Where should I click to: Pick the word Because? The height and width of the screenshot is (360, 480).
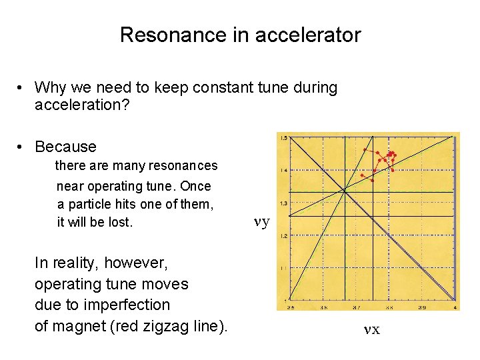[65, 147]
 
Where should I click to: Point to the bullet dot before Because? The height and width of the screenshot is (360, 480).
[22, 147]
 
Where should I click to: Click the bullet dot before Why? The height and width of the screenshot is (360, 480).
[22, 87]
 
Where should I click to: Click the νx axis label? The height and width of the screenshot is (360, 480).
[371, 329]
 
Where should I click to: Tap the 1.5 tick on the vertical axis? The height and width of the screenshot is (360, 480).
[283, 138]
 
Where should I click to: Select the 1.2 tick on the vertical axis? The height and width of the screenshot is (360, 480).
[283, 236]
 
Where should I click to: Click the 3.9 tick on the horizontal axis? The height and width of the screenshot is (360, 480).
[422, 307]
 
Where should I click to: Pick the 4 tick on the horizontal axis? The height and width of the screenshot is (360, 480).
[455, 307]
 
